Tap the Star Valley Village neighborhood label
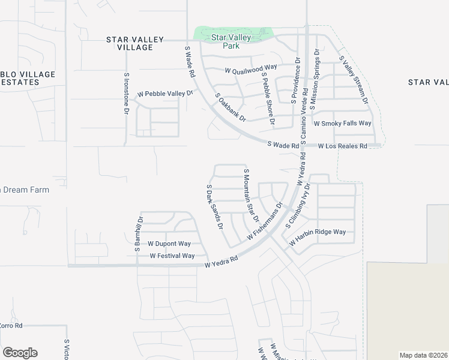[134, 43]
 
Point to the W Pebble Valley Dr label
[165, 94]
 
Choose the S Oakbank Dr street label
[231, 107]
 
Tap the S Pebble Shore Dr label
[268, 101]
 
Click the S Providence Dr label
[295, 81]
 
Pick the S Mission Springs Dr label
[318, 84]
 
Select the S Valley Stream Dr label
[354, 80]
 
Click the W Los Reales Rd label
[342, 146]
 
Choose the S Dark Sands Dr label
[214, 208]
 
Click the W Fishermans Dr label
[264, 222]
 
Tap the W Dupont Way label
[169, 244]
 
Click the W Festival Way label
[172, 256]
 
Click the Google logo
[20, 353]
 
